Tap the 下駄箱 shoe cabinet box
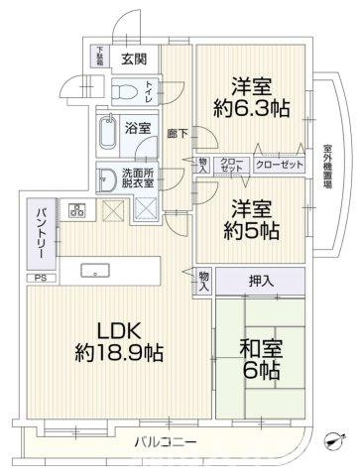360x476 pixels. click(101, 56)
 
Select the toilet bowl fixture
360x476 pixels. click(123, 93)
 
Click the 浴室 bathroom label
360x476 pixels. click(140, 128)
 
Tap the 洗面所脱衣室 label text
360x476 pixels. click(137, 178)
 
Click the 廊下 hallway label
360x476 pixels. click(179, 131)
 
